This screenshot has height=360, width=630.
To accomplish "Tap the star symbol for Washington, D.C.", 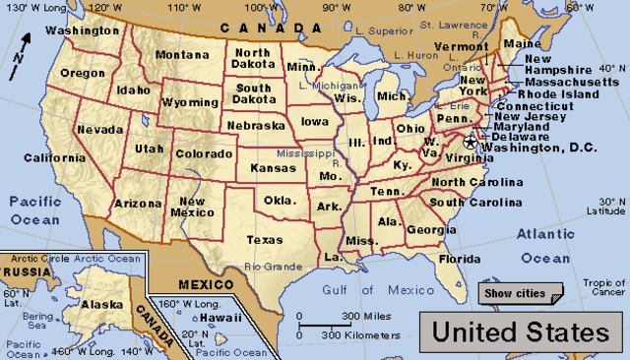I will click(x=470, y=145).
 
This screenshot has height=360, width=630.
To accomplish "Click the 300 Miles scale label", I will click(x=361, y=316).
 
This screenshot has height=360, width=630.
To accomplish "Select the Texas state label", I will click(x=264, y=239).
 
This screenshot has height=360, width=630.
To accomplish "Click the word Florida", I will click(x=459, y=260).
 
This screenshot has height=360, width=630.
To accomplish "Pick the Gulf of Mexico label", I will click(x=378, y=289).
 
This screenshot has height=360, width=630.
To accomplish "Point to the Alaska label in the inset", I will click(x=100, y=304).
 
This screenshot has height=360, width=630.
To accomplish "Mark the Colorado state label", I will click(x=205, y=153).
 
